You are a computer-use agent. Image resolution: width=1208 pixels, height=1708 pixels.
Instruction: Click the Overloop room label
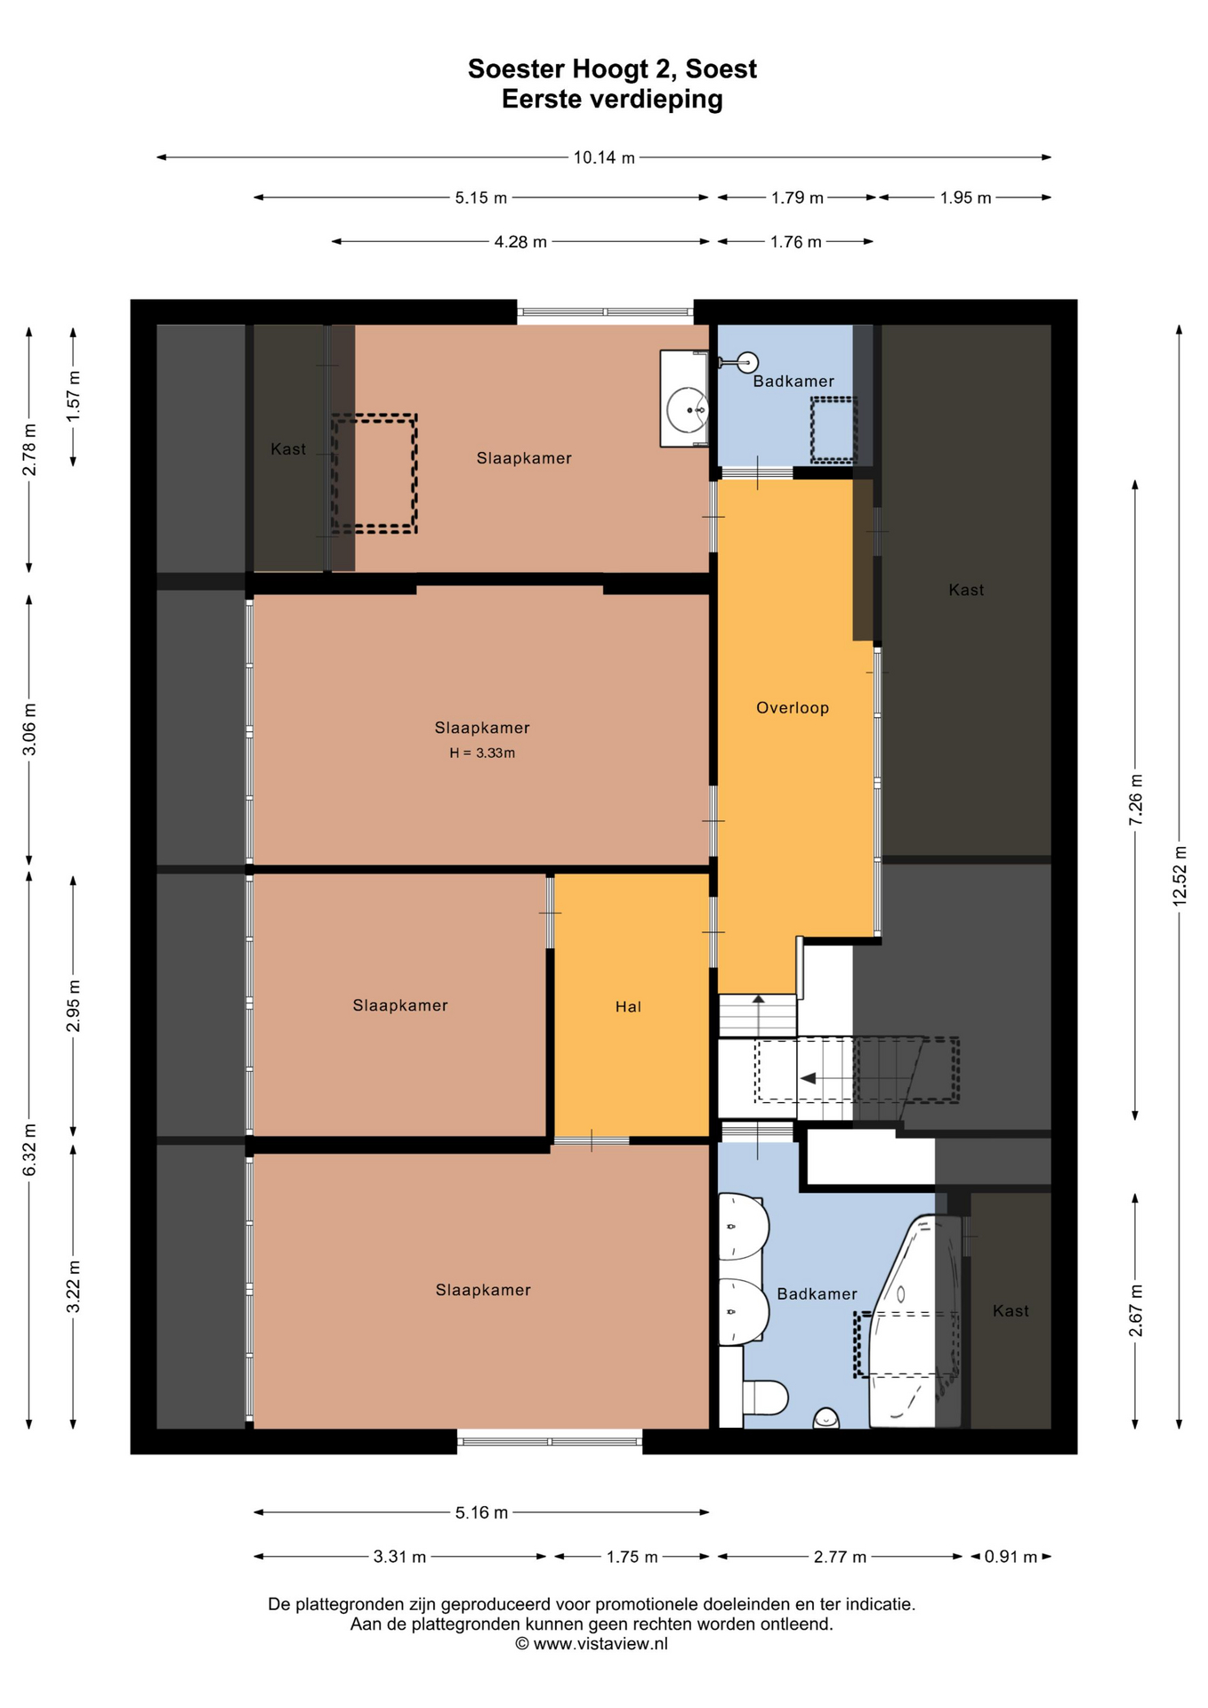[792, 708]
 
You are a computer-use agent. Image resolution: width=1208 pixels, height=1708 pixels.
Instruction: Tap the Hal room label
[628, 1006]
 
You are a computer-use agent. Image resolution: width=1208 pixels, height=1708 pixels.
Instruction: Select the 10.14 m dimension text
[604, 157]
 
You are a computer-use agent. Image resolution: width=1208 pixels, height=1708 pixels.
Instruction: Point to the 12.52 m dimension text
[1180, 874]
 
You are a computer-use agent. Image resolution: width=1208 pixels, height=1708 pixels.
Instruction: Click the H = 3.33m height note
[482, 753]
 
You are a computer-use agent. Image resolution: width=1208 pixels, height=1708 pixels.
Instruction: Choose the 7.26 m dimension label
[1136, 800]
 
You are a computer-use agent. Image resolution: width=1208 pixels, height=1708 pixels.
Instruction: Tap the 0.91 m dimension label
[1011, 1557]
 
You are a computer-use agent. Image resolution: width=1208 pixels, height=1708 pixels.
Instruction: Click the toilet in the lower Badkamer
[765, 1398]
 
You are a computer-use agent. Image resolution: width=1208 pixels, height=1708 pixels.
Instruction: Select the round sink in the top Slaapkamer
[688, 410]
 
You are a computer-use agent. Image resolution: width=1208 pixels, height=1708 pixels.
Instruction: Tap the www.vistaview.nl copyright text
[592, 1644]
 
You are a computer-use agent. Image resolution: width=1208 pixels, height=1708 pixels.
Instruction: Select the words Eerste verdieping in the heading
[612, 99]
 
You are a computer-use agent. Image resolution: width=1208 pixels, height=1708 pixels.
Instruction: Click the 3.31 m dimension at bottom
[399, 1557]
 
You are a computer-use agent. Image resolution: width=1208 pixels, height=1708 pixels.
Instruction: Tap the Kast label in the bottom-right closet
[1011, 1310]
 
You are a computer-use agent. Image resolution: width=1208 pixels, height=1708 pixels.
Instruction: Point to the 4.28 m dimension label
[520, 242]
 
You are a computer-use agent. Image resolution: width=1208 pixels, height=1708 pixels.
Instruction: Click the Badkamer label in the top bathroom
[793, 381]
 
